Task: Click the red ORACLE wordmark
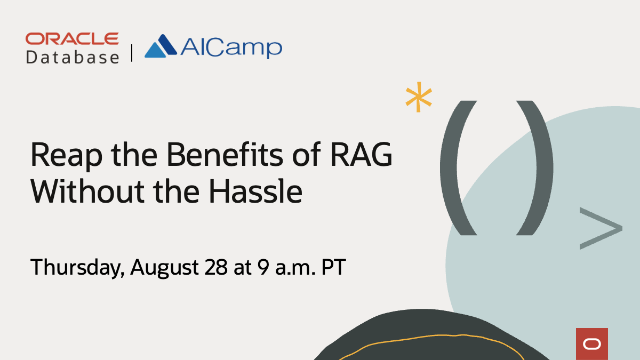pyautogui.click(x=72, y=39)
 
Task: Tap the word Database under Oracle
pyautogui.click(x=73, y=57)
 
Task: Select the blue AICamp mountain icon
pyautogui.click(x=161, y=46)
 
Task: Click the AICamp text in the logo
pyautogui.click(x=231, y=47)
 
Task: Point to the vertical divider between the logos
pyautogui.click(x=132, y=53)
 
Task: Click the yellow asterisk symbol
pyautogui.click(x=419, y=97)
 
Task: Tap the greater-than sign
pyautogui.click(x=601, y=228)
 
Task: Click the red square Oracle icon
pyautogui.click(x=591, y=343)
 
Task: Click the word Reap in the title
pyautogui.click(x=66, y=156)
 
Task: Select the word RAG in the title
pyautogui.click(x=361, y=155)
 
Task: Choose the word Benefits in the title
pyautogui.click(x=225, y=155)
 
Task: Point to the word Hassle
pyautogui.click(x=255, y=191)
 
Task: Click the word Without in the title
pyautogui.click(x=87, y=191)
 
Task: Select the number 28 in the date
pyautogui.click(x=217, y=267)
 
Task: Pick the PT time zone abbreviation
pyautogui.click(x=334, y=267)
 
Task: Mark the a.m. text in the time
pyautogui.click(x=295, y=269)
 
